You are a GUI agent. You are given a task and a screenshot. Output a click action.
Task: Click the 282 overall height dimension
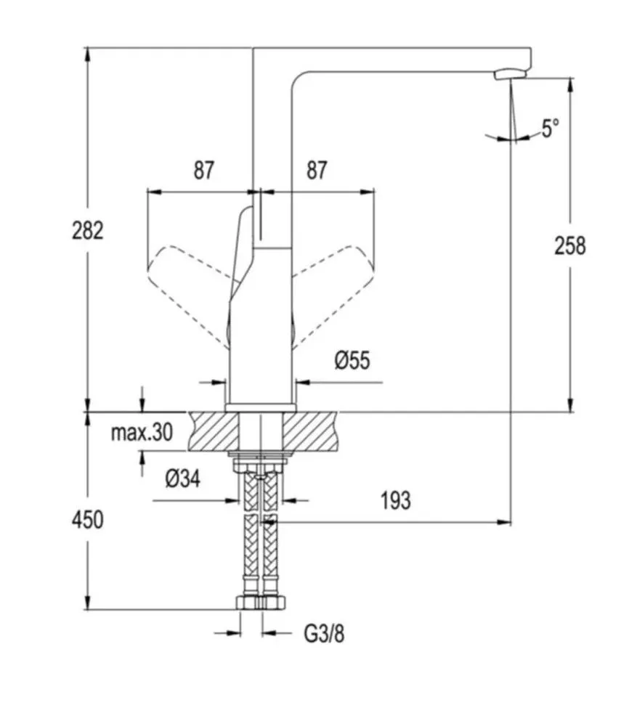point(88,230)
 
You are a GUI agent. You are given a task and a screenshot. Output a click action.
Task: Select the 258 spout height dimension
point(570,245)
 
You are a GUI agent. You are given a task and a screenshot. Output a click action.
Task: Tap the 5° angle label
point(550,129)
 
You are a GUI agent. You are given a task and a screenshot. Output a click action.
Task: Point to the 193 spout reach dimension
point(394,500)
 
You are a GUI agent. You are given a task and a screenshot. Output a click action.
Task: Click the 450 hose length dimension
point(87,519)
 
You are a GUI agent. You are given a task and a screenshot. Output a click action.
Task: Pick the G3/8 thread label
point(324,633)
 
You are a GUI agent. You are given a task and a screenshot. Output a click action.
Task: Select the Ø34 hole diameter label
point(182,478)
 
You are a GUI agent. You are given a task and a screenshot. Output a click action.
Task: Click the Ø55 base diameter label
point(352,360)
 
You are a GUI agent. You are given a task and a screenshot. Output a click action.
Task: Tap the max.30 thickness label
point(142,433)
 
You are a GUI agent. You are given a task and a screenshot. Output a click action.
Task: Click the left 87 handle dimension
point(204,171)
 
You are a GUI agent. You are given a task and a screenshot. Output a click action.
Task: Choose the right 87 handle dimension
point(316,171)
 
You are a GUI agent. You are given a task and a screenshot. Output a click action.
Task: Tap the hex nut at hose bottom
point(262,601)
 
